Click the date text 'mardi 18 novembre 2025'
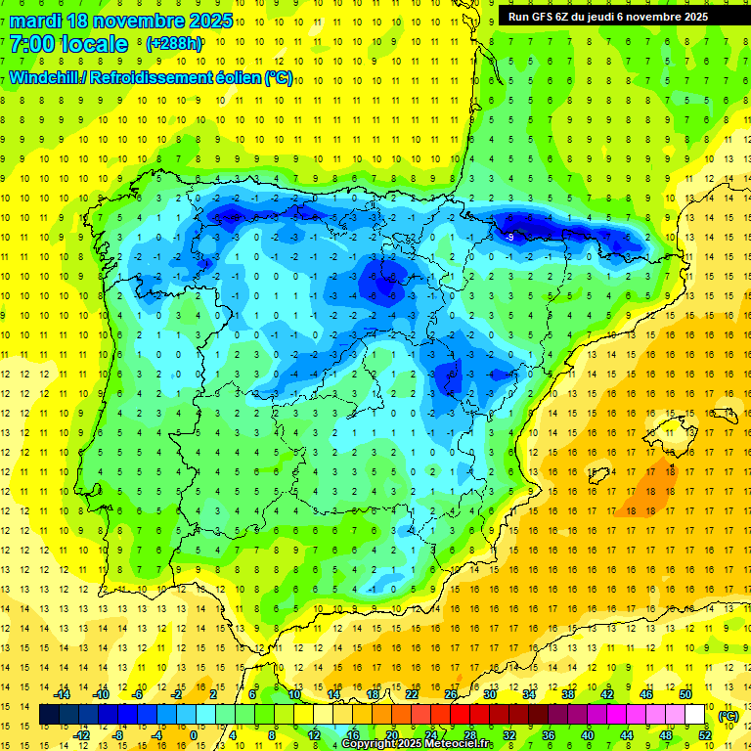(x=121, y=21)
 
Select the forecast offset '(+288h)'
(x=173, y=44)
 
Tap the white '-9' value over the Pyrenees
(x=509, y=237)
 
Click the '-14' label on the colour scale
(x=63, y=694)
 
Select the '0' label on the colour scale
(x=194, y=735)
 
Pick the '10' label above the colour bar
(x=294, y=694)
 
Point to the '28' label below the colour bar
(x=469, y=735)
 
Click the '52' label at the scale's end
(x=705, y=735)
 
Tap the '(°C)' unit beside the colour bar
(x=729, y=716)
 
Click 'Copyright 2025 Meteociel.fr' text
(x=418, y=744)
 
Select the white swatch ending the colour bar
(x=695, y=715)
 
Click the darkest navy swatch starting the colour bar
(x=49, y=715)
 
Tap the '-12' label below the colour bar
(x=82, y=735)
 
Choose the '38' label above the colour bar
(x=568, y=694)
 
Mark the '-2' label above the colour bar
(x=177, y=694)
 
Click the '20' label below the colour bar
(x=391, y=735)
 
